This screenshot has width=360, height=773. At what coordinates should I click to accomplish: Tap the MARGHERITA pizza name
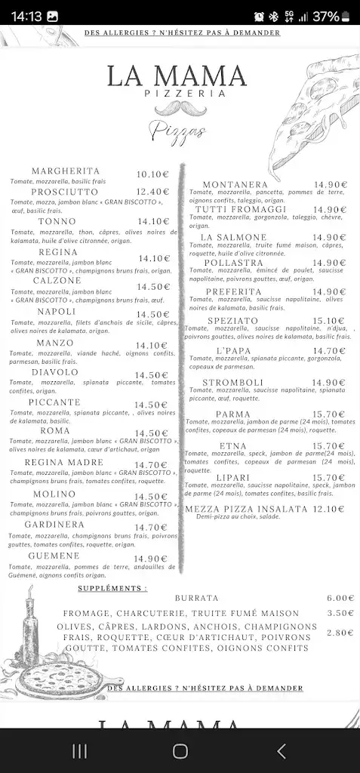point(66,171)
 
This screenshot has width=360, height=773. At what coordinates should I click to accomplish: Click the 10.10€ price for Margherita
point(153,174)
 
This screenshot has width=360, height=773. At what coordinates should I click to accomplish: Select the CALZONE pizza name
point(57,280)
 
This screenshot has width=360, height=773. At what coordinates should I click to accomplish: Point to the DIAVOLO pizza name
point(55,372)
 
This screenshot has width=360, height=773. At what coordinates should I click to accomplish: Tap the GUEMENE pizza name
point(54,556)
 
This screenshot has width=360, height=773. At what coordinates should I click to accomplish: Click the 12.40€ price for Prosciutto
point(153,192)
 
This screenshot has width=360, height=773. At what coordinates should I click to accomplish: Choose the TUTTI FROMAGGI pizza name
point(240,209)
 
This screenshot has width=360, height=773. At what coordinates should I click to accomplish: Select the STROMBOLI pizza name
point(232,382)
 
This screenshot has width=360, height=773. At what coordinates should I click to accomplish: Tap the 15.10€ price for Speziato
point(329,320)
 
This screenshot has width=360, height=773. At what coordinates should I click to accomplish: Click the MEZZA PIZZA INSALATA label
point(246,509)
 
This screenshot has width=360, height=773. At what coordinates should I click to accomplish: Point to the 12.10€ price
point(329,509)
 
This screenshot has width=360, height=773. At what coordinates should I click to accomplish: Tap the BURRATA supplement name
point(196,598)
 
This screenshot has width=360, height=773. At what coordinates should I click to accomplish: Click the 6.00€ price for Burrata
point(340,598)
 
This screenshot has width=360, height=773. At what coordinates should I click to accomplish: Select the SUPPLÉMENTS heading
point(112,587)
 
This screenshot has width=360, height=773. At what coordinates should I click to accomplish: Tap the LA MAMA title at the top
point(177,75)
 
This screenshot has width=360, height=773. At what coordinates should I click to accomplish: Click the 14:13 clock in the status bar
point(26,16)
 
